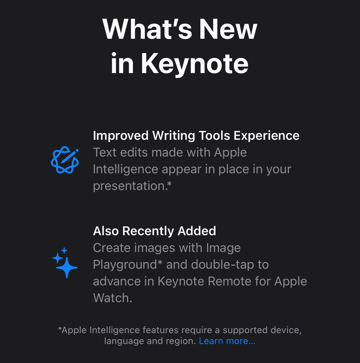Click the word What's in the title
point(147,29)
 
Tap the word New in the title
point(228,29)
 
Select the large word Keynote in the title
point(195,64)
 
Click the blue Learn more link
point(227,341)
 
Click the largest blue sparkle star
point(67,268)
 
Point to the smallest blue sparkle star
point(64,250)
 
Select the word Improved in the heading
point(120,136)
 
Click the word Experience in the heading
point(266,136)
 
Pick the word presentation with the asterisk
point(132,186)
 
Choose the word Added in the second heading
point(197,231)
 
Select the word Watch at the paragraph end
point(112,298)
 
